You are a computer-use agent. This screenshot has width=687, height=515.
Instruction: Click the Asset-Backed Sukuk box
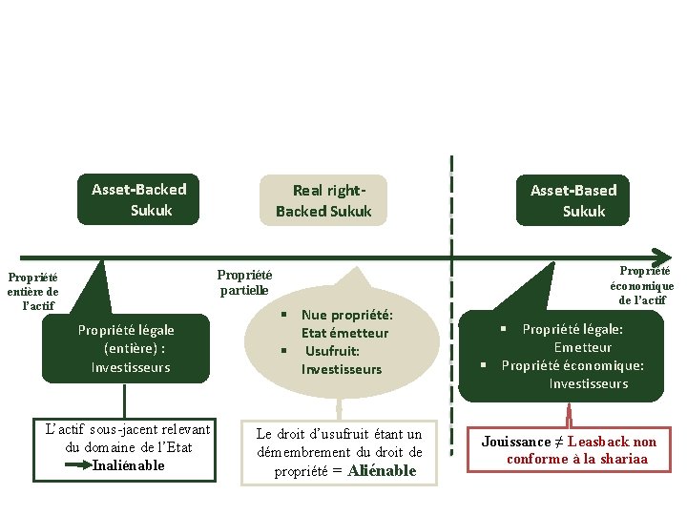tap(139, 199)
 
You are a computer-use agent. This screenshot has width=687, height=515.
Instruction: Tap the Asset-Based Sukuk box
tap(574, 201)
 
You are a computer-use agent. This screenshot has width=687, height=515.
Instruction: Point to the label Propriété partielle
tap(244, 281)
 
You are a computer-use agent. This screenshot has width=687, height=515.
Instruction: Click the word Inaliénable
tap(129, 465)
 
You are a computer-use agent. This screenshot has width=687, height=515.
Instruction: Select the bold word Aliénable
tap(382, 470)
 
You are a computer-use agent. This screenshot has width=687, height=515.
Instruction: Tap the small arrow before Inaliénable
tap(74, 465)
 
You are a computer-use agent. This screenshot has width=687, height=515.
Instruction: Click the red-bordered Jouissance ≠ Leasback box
tap(570, 450)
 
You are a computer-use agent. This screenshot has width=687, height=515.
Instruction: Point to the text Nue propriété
tap(346, 315)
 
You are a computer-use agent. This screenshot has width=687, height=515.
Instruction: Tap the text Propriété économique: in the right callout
tap(572, 365)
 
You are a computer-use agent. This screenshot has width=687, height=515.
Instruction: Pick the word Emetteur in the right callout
tap(583, 347)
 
